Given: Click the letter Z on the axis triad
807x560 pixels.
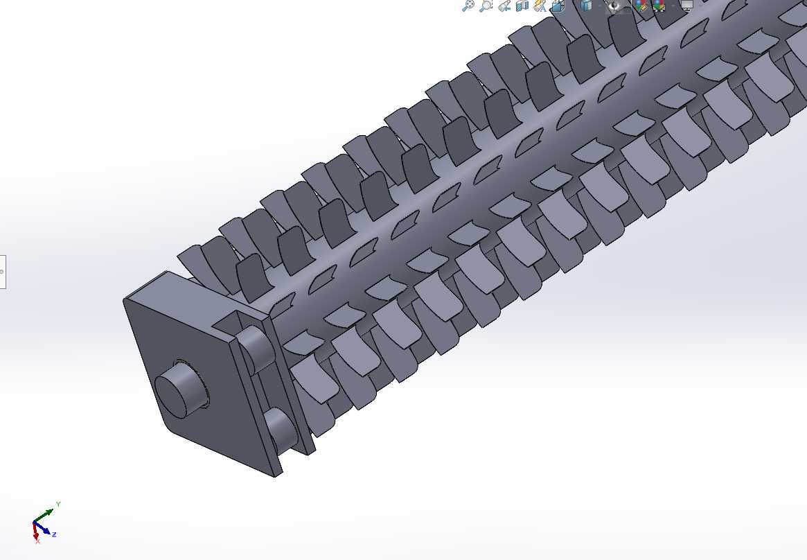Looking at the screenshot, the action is click(x=54, y=535).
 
